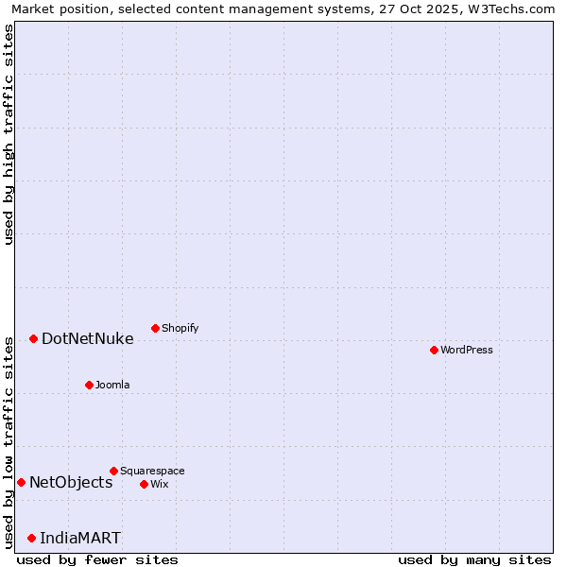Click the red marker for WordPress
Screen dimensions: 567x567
tap(434, 350)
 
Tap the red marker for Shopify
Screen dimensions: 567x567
tap(155, 328)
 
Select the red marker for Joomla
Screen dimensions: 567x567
tap(89, 385)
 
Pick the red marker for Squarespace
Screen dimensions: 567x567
tap(113, 471)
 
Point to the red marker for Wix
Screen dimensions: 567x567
tap(144, 484)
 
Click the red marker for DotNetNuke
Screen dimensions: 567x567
tap(33, 338)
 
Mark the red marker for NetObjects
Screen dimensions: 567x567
tap(21, 482)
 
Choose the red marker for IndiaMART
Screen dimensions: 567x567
tap(31, 538)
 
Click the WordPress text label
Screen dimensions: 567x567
tap(467, 350)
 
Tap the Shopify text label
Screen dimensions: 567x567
tap(180, 328)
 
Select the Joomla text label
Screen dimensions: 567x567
tap(112, 385)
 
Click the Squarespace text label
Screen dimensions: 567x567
tap(152, 471)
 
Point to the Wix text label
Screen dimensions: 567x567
tap(159, 484)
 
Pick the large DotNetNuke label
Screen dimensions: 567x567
tap(87, 338)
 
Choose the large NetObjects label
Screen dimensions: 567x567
tap(71, 482)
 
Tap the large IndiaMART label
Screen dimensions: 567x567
tap(80, 538)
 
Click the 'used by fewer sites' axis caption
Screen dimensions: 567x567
tap(97, 559)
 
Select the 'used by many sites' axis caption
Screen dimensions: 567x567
tap(474, 559)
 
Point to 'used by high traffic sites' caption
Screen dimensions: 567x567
tap(9, 134)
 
